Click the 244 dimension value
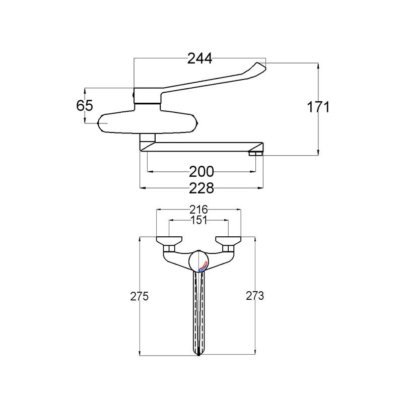coord(199,58)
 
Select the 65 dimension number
coord(85,105)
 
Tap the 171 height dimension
coord(318,107)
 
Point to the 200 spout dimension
coord(201,171)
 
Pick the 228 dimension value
coord(201,188)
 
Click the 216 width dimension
coord(198,210)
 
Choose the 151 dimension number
coord(198,220)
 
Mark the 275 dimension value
coord(140,296)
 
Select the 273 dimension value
coord(255,296)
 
